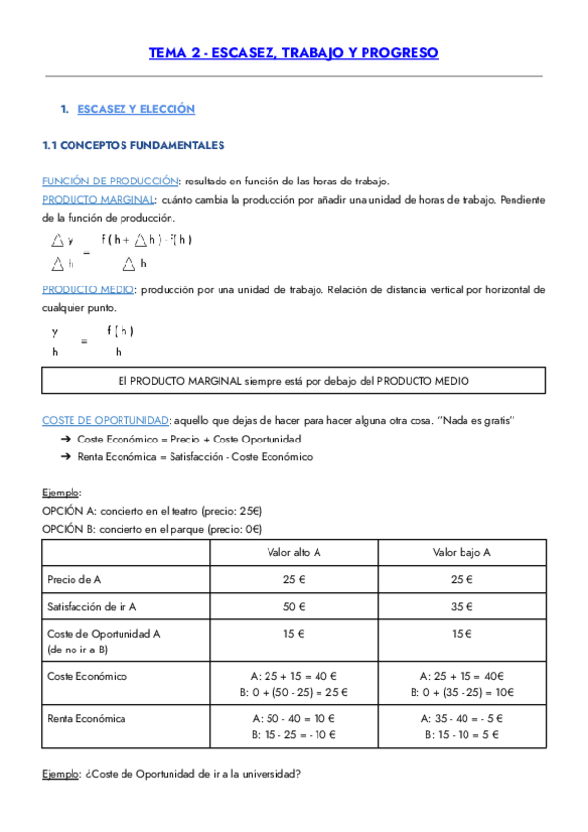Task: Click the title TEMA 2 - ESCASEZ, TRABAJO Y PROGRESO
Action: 293,53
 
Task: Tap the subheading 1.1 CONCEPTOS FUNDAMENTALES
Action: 133,145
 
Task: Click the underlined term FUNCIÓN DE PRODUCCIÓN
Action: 110,182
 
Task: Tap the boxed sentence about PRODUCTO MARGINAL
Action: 293,380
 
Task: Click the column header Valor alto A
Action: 294,552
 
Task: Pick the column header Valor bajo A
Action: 462,552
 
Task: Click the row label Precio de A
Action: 74,580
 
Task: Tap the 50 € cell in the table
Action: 294,606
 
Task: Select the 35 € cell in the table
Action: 462,606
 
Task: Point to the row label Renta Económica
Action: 86,718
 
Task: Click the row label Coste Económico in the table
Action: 87,676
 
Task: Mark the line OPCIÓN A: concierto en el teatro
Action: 151,511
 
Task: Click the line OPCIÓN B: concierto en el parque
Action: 151,529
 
